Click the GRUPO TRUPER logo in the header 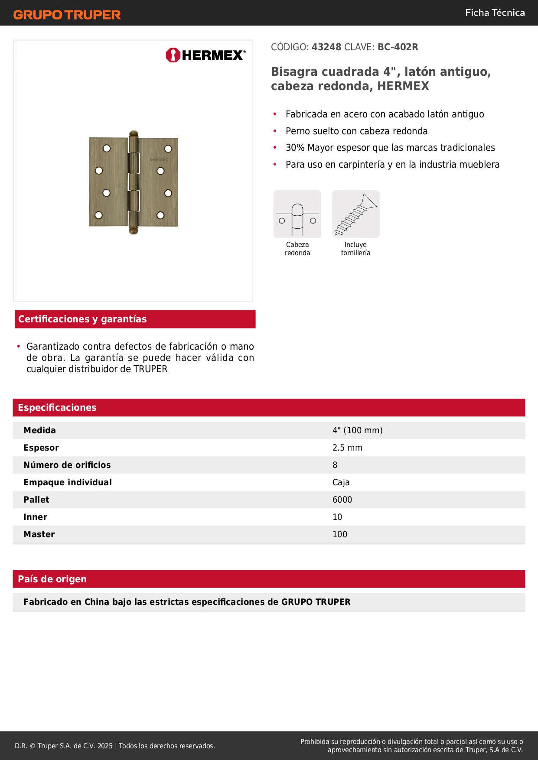[67, 15]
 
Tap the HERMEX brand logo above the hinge [205, 55]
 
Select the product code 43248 [326, 47]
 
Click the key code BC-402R [398, 47]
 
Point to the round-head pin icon [297, 214]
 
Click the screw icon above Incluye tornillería [355, 214]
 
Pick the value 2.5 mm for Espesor [347, 448]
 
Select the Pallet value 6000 [342, 500]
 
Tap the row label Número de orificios [67, 465]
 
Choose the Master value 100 [340, 534]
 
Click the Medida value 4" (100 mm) [357, 430]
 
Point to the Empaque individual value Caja [341, 482]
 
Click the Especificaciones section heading [57, 407]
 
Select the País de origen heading [52, 579]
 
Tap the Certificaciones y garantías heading [82, 319]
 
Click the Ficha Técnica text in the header [495, 13]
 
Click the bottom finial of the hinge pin [134, 230]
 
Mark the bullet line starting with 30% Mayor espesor [390, 148]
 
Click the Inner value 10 [337, 517]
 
